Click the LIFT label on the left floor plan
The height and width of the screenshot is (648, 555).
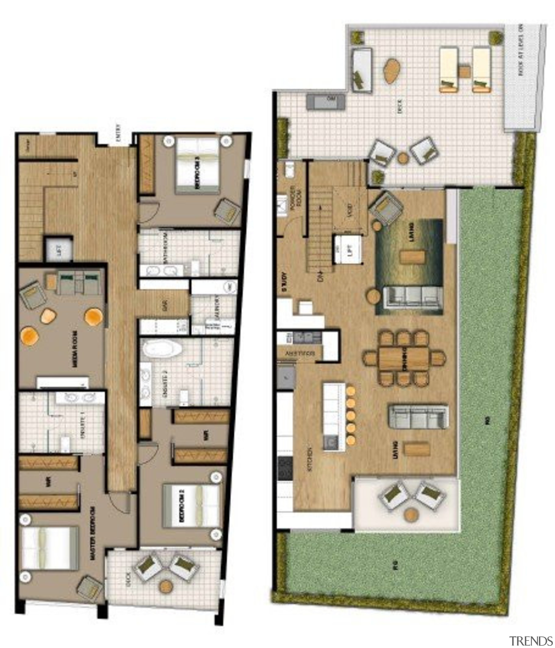tap(59, 250)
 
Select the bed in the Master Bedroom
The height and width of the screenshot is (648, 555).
tap(49, 548)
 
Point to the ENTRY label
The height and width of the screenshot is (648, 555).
tap(118, 133)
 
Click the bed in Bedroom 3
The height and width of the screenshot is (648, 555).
tap(198, 166)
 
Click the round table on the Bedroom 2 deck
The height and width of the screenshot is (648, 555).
tap(165, 586)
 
